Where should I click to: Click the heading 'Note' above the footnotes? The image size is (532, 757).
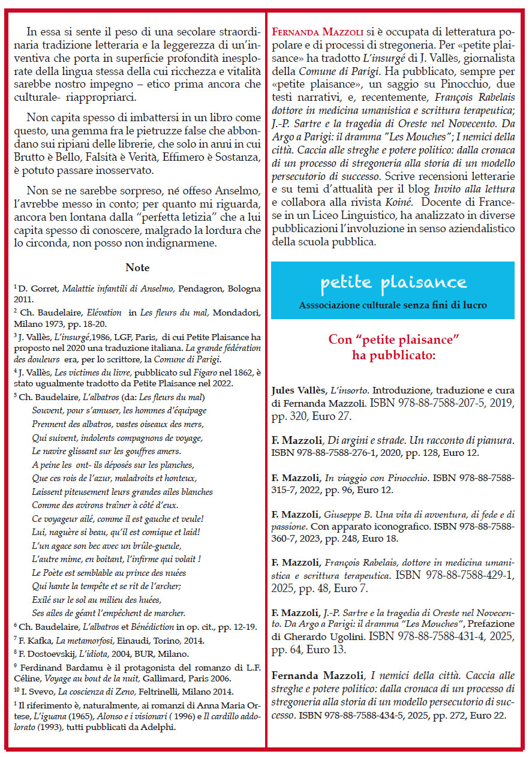tap(137, 268)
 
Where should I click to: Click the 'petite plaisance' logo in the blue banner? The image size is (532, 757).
tap(393, 282)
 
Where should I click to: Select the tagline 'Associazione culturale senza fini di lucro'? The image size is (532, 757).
tap(393, 305)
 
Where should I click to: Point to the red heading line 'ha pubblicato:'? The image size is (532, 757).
tap(393, 356)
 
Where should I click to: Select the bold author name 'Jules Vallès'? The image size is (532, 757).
tap(298, 390)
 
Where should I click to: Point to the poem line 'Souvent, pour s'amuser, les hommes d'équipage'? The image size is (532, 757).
tap(119, 410)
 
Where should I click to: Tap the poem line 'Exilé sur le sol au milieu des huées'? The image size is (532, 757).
tap(97, 599)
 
